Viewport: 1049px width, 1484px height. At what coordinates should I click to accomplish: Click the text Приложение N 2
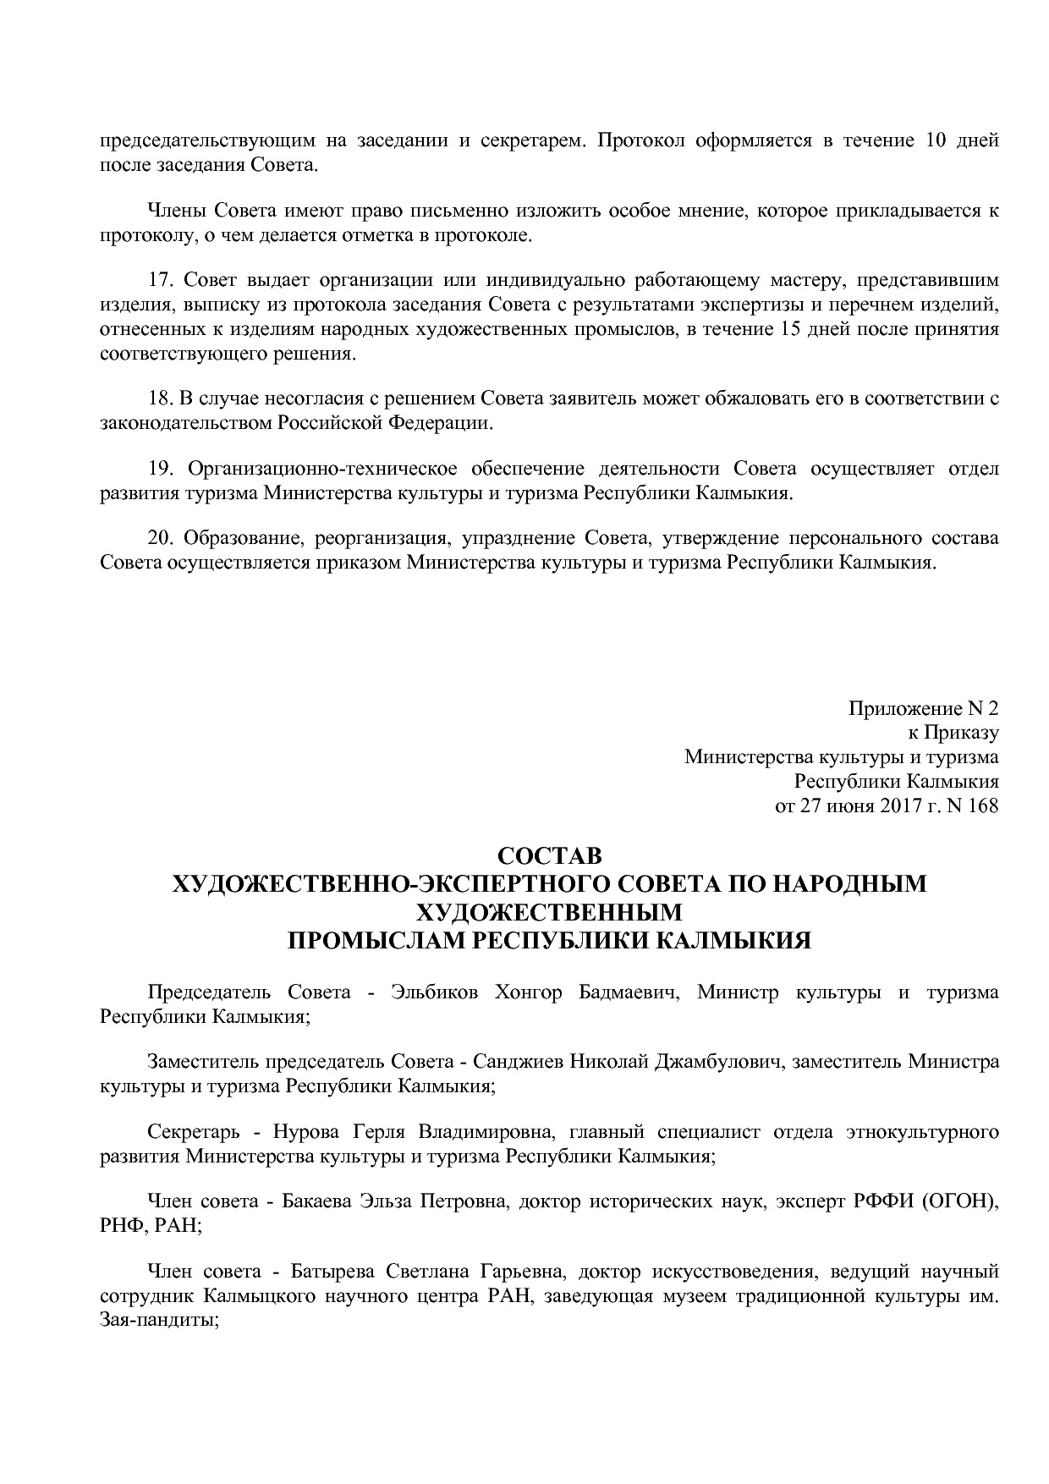pos(923,707)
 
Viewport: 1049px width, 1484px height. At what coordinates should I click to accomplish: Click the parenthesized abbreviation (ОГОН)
pos(961,1202)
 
